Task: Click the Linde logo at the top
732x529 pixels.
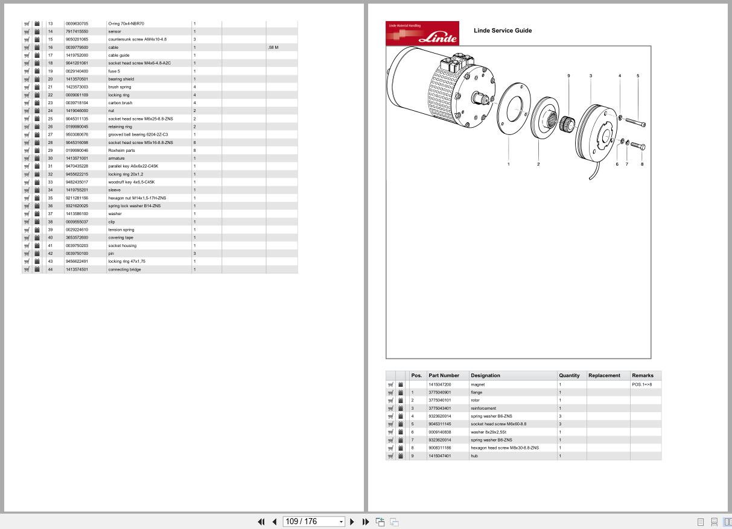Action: (x=422, y=34)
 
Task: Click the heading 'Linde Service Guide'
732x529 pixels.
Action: (x=503, y=31)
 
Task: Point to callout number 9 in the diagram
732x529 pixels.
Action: (x=568, y=76)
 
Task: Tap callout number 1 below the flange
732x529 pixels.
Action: (x=508, y=164)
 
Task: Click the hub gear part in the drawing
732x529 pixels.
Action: (x=566, y=125)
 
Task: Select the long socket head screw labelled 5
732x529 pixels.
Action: (x=632, y=122)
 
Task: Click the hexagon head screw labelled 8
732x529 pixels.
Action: (x=638, y=146)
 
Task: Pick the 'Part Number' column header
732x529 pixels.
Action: (x=444, y=375)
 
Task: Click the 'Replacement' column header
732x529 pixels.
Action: (x=604, y=375)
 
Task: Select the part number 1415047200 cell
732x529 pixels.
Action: (x=439, y=384)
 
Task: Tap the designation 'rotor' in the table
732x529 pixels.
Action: (x=476, y=400)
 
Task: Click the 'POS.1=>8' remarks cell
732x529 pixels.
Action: (x=641, y=384)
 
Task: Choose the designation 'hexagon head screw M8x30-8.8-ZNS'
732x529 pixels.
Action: (x=504, y=448)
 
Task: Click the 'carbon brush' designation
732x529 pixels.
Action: (x=120, y=103)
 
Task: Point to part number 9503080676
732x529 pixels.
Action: (x=77, y=134)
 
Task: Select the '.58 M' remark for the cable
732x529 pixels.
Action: (x=273, y=47)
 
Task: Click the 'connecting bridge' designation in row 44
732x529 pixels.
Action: (x=124, y=269)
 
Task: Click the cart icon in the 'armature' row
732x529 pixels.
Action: (x=27, y=158)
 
